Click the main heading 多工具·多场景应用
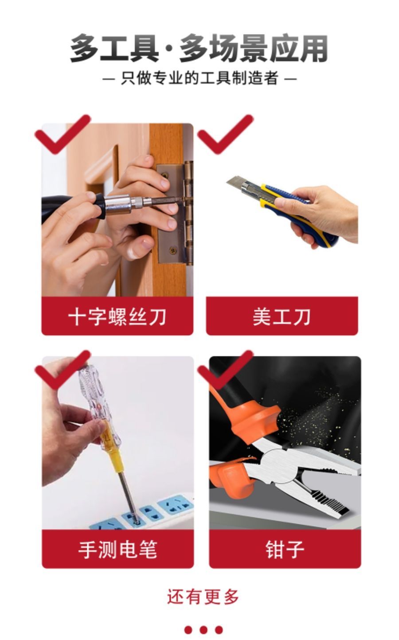(x=199, y=48)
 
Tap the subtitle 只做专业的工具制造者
(x=199, y=78)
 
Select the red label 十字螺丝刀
(x=117, y=316)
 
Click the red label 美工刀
(x=282, y=316)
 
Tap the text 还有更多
(x=203, y=597)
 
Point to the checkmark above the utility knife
(x=225, y=134)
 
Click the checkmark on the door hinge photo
(x=63, y=134)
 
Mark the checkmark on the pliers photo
(x=225, y=370)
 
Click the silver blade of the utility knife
(x=237, y=183)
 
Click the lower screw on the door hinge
(x=172, y=250)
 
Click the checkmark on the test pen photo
(x=63, y=370)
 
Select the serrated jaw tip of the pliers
(x=329, y=503)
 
